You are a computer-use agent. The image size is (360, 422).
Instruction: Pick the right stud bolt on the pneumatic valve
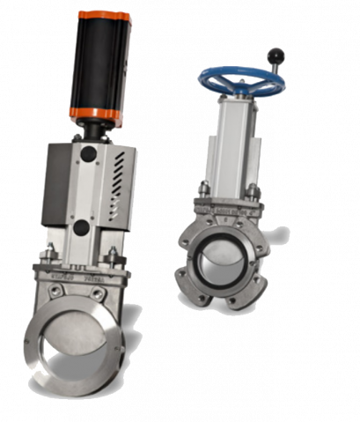112,257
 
